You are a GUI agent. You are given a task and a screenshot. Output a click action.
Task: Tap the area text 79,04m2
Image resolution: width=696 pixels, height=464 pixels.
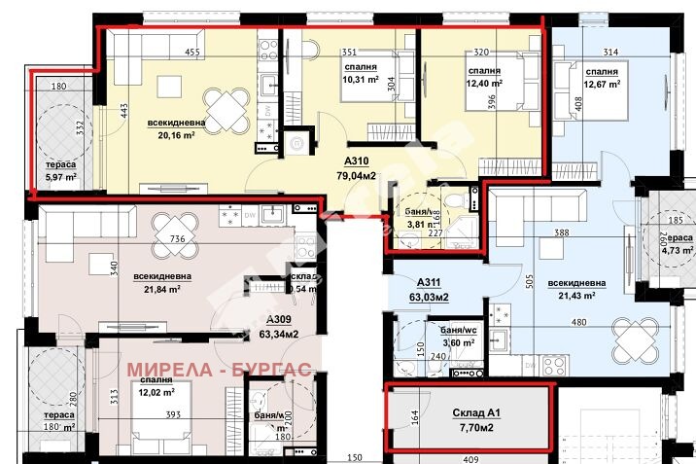coord(358,176)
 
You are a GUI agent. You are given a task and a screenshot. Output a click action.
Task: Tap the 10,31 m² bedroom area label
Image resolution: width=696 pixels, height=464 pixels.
coord(360,81)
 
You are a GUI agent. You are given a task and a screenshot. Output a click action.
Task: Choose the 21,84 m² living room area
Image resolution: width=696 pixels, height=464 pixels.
coord(163,289)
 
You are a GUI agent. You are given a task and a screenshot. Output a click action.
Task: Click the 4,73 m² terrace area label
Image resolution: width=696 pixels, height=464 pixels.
coord(678,249)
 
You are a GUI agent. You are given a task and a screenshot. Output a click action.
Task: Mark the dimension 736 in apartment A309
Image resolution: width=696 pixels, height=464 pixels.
coord(177,239)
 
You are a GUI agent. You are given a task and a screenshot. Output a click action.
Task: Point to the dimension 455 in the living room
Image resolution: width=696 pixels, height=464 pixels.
coord(192,52)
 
